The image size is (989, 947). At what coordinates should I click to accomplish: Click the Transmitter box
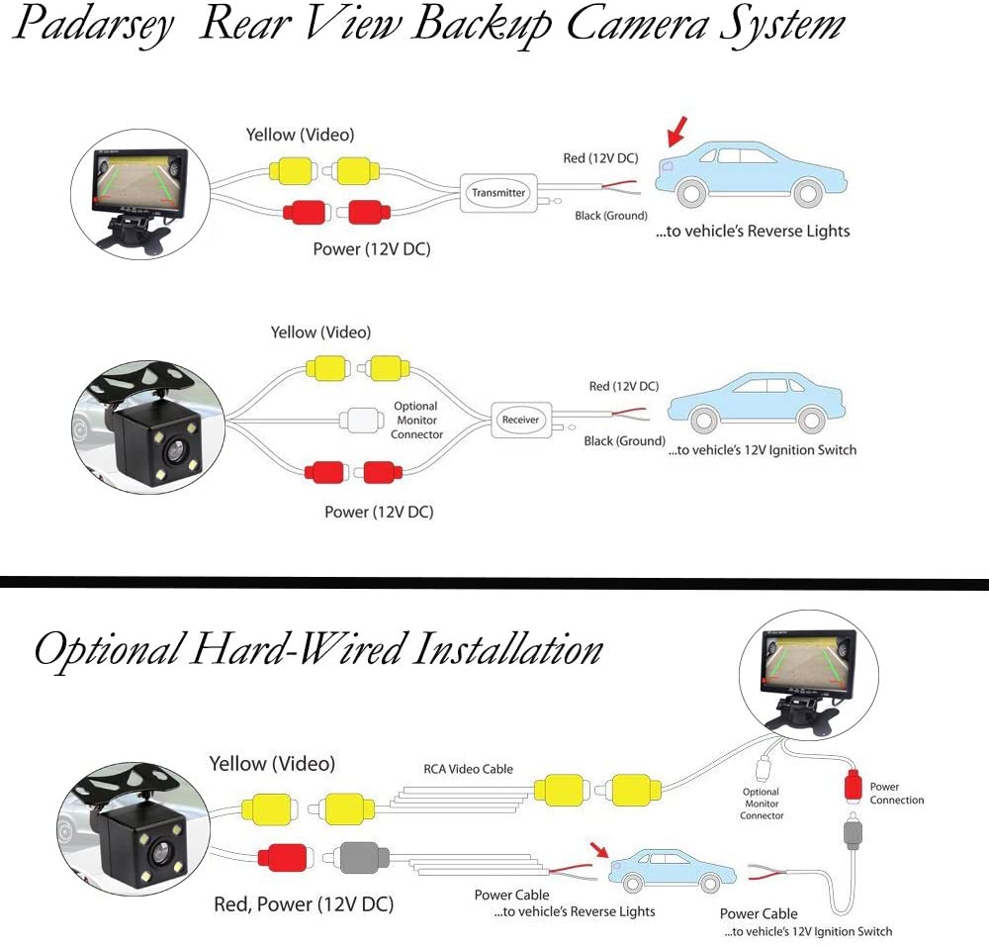coord(498,192)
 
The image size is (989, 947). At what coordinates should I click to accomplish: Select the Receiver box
coord(521,420)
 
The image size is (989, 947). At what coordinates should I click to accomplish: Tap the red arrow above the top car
coord(676,132)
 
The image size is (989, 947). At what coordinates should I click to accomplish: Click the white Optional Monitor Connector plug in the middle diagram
coord(361,420)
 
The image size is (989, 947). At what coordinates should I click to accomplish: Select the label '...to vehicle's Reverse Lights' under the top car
coord(753,231)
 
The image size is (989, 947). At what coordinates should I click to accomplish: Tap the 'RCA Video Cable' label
coord(468,769)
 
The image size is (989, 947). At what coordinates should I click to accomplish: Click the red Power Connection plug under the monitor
coord(853,786)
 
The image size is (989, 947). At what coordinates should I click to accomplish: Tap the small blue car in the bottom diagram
coord(673,871)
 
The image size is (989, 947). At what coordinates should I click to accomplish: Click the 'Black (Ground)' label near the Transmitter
coord(611,216)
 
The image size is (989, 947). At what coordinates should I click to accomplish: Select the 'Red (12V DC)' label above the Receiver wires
coord(624,386)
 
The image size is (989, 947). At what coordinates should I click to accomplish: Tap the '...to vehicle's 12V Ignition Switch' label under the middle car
coord(763,450)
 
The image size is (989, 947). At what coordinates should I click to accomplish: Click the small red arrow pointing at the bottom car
coord(599,849)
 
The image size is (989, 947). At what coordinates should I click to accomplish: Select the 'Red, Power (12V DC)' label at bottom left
coord(304,904)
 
